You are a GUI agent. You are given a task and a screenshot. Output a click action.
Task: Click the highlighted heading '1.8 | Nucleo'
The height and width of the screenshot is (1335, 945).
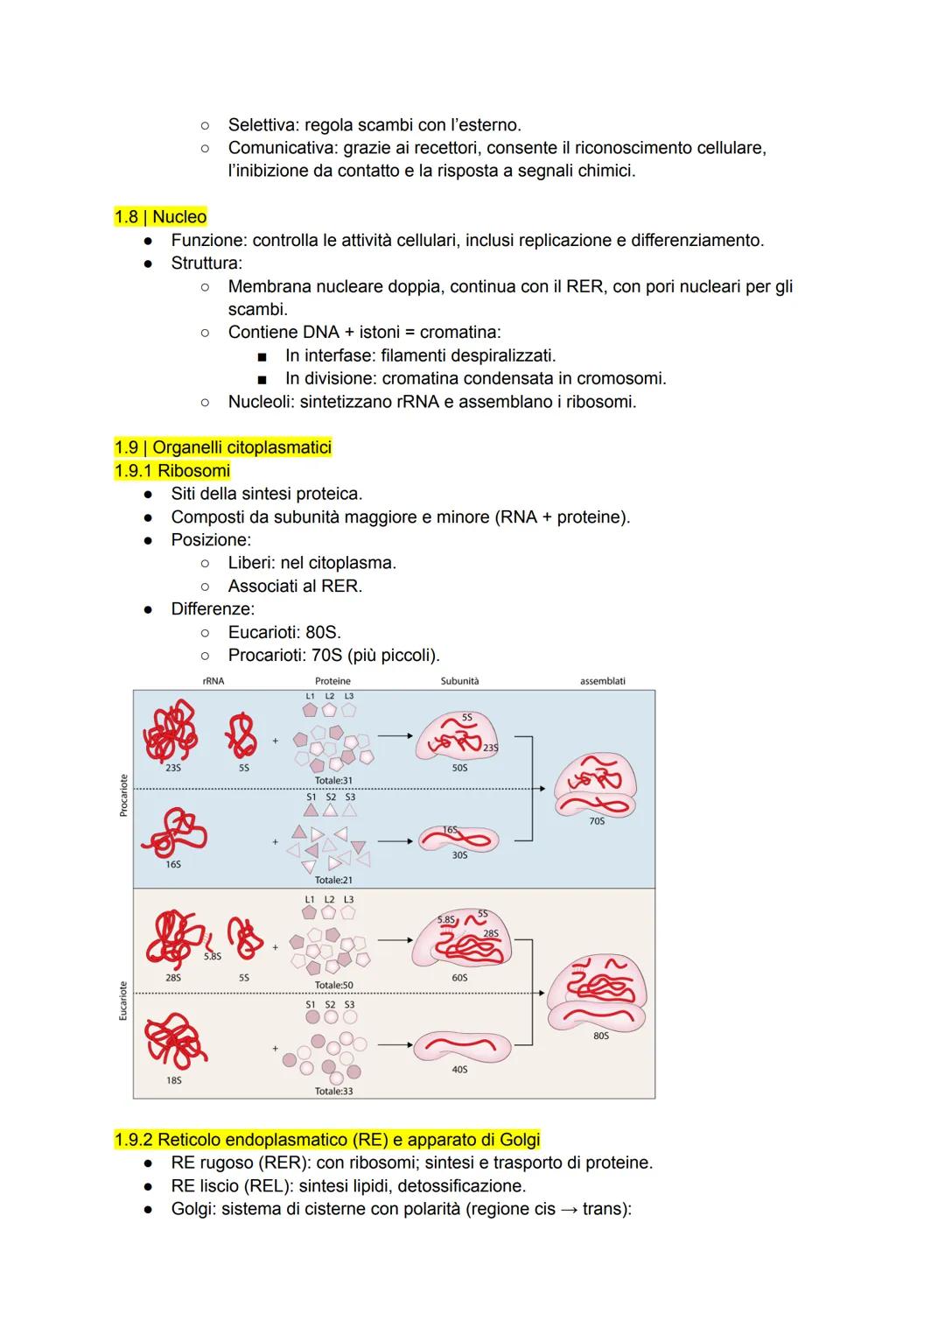click(x=160, y=216)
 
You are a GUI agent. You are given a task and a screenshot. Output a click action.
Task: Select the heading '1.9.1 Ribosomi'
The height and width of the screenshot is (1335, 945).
click(x=172, y=471)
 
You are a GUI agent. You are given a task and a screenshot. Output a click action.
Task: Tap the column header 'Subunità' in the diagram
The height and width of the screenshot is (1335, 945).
click(x=459, y=680)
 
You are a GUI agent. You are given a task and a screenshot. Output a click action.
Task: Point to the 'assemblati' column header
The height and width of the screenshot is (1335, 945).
click(x=602, y=680)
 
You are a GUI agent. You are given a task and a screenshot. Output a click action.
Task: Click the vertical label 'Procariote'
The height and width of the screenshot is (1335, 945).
click(x=123, y=795)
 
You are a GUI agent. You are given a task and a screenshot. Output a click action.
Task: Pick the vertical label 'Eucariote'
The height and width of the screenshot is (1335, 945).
click(x=123, y=1001)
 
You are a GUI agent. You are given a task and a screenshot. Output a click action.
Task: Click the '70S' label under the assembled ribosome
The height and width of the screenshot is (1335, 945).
click(x=597, y=820)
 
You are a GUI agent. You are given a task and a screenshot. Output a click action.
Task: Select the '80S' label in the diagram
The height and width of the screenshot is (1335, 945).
click(x=600, y=1036)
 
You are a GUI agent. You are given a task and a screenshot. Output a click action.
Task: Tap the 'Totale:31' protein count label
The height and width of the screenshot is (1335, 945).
click(x=333, y=780)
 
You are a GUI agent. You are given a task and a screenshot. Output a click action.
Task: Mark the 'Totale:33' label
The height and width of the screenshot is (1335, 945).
click(x=333, y=1092)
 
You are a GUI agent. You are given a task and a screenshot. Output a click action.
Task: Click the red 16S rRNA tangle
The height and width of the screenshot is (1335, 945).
click(x=174, y=832)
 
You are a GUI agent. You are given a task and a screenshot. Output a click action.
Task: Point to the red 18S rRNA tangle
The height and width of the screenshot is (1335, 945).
click(x=175, y=1041)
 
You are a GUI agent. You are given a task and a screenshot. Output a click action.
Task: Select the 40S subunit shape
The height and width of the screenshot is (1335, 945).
click(x=462, y=1046)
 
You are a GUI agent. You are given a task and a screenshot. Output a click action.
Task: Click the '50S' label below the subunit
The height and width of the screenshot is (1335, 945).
click(x=459, y=768)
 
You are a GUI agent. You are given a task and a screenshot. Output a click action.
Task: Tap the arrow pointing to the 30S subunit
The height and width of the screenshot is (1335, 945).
click(x=395, y=841)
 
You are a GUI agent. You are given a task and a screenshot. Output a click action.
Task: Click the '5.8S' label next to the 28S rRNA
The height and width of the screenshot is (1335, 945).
click(x=212, y=956)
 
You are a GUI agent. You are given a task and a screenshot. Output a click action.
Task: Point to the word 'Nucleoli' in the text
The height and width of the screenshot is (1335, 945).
click(x=261, y=402)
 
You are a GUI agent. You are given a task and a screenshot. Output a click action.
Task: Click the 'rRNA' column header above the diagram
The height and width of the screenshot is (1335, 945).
click(x=213, y=680)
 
